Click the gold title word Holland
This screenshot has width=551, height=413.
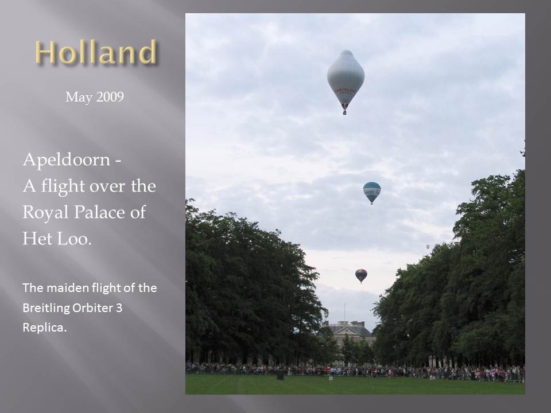(x=95, y=52)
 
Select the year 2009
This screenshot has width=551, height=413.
(x=110, y=96)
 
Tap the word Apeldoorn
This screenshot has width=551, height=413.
(x=67, y=160)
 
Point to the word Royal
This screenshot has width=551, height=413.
(x=45, y=213)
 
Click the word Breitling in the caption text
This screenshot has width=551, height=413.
(x=46, y=308)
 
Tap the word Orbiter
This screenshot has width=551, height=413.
(x=92, y=307)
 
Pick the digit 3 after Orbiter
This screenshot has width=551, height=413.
(x=119, y=308)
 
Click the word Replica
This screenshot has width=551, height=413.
(x=44, y=328)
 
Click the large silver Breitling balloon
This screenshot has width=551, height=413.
(x=346, y=79)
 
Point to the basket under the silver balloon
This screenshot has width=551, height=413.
(x=345, y=112)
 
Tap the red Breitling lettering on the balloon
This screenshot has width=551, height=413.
(x=345, y=91)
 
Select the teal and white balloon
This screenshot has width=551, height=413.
(x=372, y=193)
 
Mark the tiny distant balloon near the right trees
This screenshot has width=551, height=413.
(x=428, y=247)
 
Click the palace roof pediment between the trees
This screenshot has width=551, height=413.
(x=348, y=329)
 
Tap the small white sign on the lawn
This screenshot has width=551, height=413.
(x=331, y=378)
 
